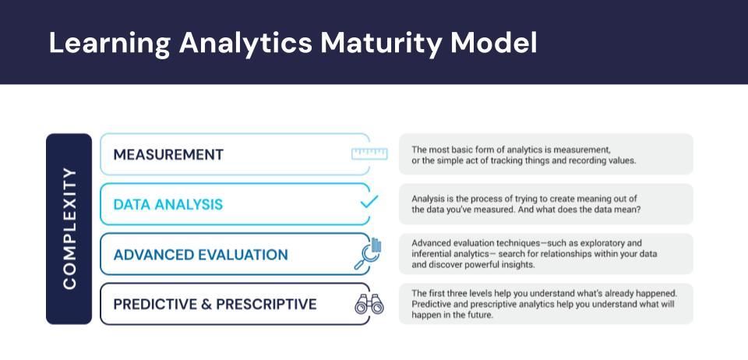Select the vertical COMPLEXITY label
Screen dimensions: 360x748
pyautogui.click(x=69, y=228)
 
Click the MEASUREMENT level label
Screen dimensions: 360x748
pyautogui.click(x=168, y=154)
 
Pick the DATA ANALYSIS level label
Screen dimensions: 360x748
pyautogui.click(x=168, y=204)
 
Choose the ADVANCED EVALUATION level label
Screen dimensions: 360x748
pyautogui.click(x=200, y=255)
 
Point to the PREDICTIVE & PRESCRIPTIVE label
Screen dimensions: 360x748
pyautogui.click(x=215, y=304)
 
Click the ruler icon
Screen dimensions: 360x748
pyautogui.click(x=369, y=154)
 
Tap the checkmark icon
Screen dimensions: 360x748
pyautogui.click(x=369, y=202)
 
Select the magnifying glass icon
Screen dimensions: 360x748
pyautogui.click(x=367, y=254)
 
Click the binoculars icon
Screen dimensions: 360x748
pyautogui.click(x=369, y=305)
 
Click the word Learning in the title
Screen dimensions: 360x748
pyautogui.click(x=108, y=44)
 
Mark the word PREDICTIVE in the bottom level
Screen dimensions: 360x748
pyautogui.click(x=154, y=304)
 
